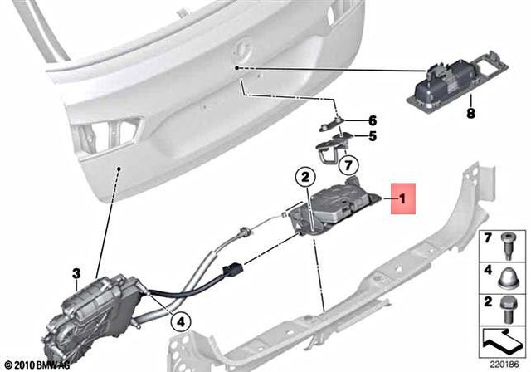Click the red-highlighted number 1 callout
coord(403,199)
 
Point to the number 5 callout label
coord(373,136)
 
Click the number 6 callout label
coord(373,120)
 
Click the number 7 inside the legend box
coord(489,238)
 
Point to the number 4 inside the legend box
coord(489,269)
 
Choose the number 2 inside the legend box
coord(489,300)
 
